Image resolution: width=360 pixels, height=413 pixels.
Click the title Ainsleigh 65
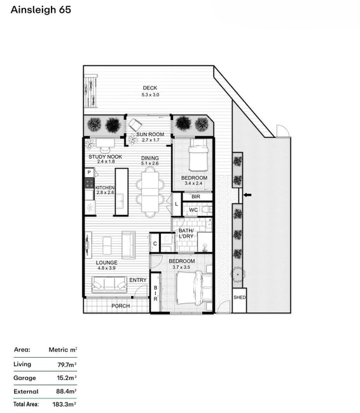[41, 10]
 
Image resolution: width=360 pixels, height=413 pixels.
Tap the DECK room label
[150, 88]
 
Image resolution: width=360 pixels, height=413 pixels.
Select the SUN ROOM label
[150, 134]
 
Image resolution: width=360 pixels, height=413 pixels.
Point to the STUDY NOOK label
[105, 157]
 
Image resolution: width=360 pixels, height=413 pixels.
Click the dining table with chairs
[150, 192]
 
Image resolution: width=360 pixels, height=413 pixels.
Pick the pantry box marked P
[89, 173]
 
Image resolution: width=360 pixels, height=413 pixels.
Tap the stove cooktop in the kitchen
[89, 183]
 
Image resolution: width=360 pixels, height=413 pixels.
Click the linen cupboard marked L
[176, 205]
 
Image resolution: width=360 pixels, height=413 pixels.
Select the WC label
[193, 210]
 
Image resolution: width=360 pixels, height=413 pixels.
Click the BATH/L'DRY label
[186, 234]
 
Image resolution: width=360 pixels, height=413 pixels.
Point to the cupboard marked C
[155, 243]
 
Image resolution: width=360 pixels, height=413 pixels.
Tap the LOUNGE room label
[107, 262]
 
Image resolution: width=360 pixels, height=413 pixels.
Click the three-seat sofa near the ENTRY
[109, 285]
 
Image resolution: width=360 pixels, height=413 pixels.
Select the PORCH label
[120, 306]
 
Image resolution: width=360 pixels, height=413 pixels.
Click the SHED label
[240, 297]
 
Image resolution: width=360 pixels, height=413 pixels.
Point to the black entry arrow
[247, 195]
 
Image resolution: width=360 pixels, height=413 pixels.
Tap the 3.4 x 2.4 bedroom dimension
[193, 184]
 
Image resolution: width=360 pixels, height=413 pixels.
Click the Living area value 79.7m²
[67, 365]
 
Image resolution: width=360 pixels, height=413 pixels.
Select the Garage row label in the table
[25, 378]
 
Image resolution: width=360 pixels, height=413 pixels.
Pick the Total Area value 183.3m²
[64, 404]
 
